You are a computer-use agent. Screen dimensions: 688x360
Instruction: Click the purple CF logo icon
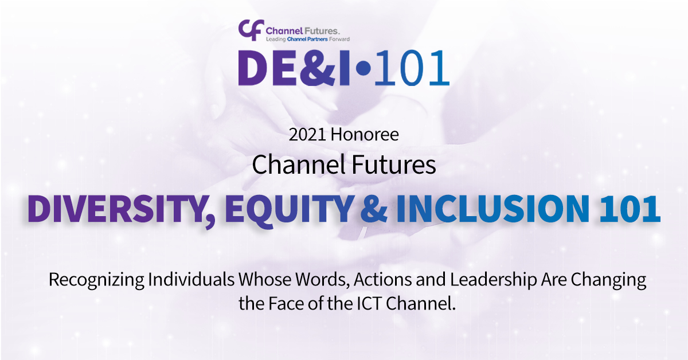pyautogui.click(x=251, y=30)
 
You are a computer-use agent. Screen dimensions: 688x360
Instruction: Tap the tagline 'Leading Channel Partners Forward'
pyautogui.click(x=308, y=39)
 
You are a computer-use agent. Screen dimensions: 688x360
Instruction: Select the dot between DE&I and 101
pyautogui.click(x=364, y=68)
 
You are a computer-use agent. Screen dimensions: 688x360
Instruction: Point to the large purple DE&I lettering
pyautogui.click(x=294, y=68)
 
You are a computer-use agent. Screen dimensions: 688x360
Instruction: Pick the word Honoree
pyautogui.click(x=365, y=135)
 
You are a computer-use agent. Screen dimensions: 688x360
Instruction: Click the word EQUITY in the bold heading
pyautogui.click(x=289, y=211)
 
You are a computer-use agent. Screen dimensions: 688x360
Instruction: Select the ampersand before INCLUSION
pyautogui.click(x=374, y=209)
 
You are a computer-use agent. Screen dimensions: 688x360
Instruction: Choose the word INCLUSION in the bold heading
pyautogui.click(x=492, y=209)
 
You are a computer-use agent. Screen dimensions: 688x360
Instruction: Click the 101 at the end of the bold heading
pyautogui.click(x=630, y=209)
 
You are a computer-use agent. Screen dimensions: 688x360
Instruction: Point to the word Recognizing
pyautogui.click(x=96, y=280)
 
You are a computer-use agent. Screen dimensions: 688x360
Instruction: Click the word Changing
pyautogui.click(x=608, y=280)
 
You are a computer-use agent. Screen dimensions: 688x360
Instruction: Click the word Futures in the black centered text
pyautogui.click(x=393, y=165)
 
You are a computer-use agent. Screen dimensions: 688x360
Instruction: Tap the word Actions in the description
pyautogui.click(x=383, y=280)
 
